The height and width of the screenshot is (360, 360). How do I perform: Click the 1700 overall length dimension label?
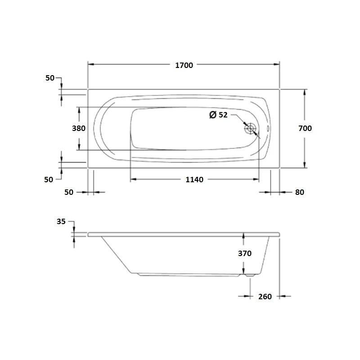click(x=184, y=65)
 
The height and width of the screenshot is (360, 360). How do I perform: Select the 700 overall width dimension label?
click(x=305, y=128)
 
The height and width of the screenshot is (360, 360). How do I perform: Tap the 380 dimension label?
click(x=79, y=128)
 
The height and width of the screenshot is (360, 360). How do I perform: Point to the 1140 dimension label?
click(x=194, y=180)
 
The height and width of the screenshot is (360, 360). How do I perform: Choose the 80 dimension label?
click(x=300, y=192)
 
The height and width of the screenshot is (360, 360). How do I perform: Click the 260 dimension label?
click(x=265, y=297)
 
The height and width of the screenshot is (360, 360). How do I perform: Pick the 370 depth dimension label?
click(x=244, y=253)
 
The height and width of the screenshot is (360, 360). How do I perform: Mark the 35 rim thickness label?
click(x=62, y=221)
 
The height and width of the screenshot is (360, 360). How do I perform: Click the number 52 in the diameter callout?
click(x=223, y=115)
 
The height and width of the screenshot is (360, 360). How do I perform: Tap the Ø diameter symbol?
click(x=213, y=115)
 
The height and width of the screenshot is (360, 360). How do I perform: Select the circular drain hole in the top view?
click(x=250, y=129)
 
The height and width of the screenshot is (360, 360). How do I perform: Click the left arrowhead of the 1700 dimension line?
click(x=90, y=65)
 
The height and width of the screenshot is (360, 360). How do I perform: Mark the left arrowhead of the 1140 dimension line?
click(x=133, y=180)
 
